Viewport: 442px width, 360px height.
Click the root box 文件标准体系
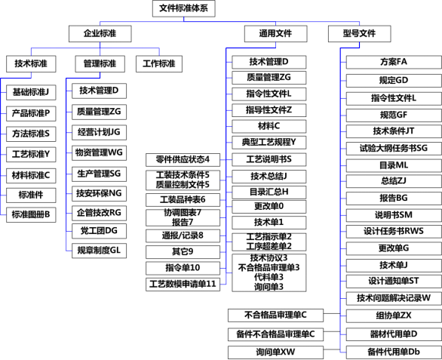(x=184, y=8)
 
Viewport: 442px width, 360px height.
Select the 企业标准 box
(x=100, y=34)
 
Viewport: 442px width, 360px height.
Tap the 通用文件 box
(x=276, y=34)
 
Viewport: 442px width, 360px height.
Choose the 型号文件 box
(x=359, y=34)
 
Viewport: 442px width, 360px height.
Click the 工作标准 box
(x=159, y=63)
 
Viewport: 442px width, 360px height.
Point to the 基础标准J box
(x=31, y=92)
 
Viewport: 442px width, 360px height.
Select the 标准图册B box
(x=31, y=214)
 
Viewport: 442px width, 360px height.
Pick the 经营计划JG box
(x=99, y=132)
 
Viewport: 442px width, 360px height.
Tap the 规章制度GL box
(x=99, y=251)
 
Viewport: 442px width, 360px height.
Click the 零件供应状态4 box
(x=183, y=160)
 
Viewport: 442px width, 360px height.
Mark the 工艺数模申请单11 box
(x=183, y=285)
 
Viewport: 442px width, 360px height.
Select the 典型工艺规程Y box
(x=269, y=143)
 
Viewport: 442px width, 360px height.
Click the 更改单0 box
(x=269, y=207)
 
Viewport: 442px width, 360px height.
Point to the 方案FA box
(x=394, y=62)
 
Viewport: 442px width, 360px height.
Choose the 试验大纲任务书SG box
(x=394, y=149)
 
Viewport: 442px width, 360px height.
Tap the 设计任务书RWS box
(x=394, y=232)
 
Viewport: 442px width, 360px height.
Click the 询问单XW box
(x=276, y=352)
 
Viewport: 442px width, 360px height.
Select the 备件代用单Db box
(x=394, y=352)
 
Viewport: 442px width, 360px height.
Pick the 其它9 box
(x=183, y=252)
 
